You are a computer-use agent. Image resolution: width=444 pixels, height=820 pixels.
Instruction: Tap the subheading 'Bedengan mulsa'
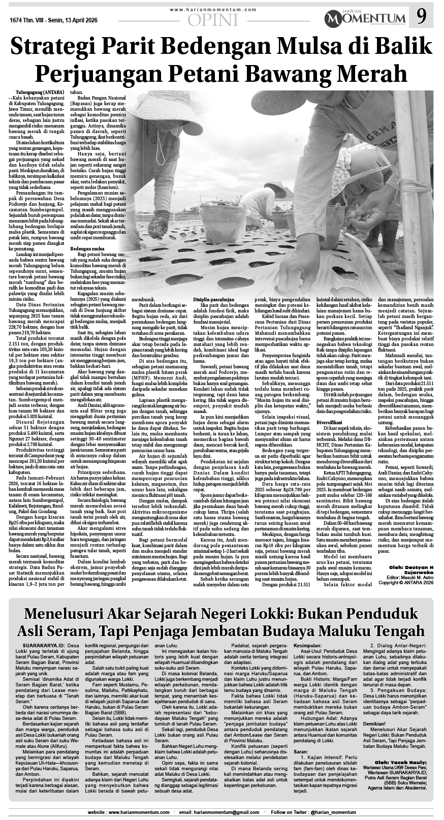87,248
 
